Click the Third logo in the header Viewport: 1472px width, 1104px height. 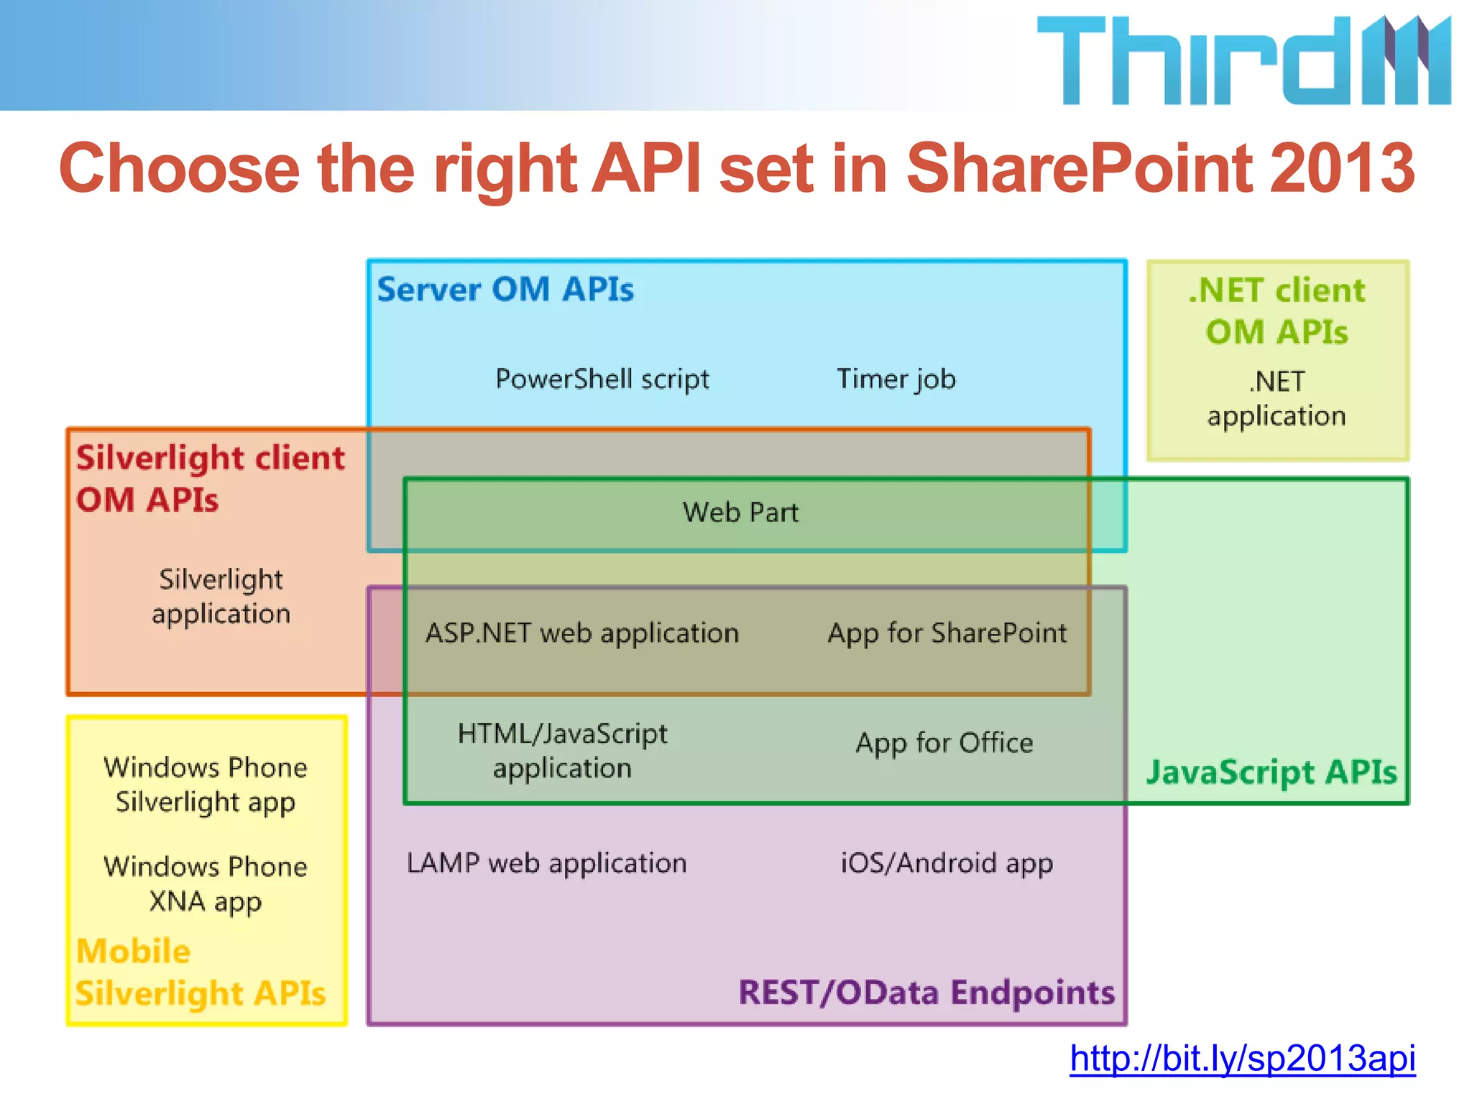pos(1243,60)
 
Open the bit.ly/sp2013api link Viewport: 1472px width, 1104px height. pos(1242,1058)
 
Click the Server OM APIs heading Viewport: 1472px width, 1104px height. pos(505,290)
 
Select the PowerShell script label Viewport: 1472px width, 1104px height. pos(602,379)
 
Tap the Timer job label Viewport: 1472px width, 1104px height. pos(896,379)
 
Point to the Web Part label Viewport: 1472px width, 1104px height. pos(740,512)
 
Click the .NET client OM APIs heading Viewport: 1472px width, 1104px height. pos(1277,311)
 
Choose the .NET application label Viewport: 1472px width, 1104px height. pos(1276,399)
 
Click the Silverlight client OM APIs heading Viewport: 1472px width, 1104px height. pos(210,479)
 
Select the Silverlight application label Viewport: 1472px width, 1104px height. pos(221,597)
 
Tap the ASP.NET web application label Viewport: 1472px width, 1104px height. pos(582,633)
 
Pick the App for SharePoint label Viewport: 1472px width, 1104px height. pos(947,633)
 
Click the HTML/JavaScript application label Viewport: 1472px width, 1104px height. pos(563,751)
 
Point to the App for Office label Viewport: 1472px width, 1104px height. pos(944,742)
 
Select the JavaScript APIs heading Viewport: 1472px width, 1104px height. pos(1271,773)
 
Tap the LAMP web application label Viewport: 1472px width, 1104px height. pos(547,862)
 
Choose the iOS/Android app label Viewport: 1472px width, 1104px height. pos(947,862)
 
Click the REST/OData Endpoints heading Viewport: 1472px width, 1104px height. pos(926,993)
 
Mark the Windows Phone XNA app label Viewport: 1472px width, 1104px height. pos(206,884)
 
